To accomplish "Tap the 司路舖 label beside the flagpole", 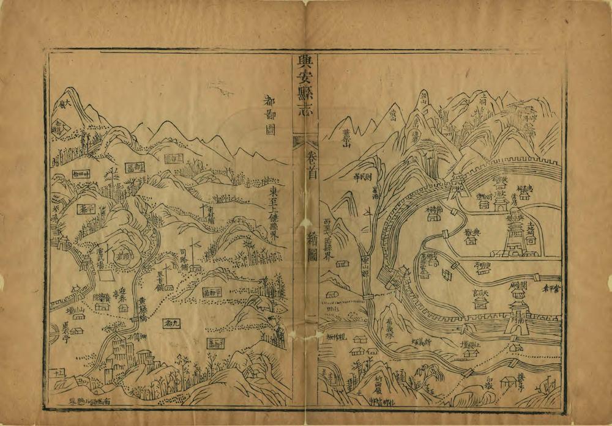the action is point(182,259).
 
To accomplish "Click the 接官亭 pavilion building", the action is point(509,384).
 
